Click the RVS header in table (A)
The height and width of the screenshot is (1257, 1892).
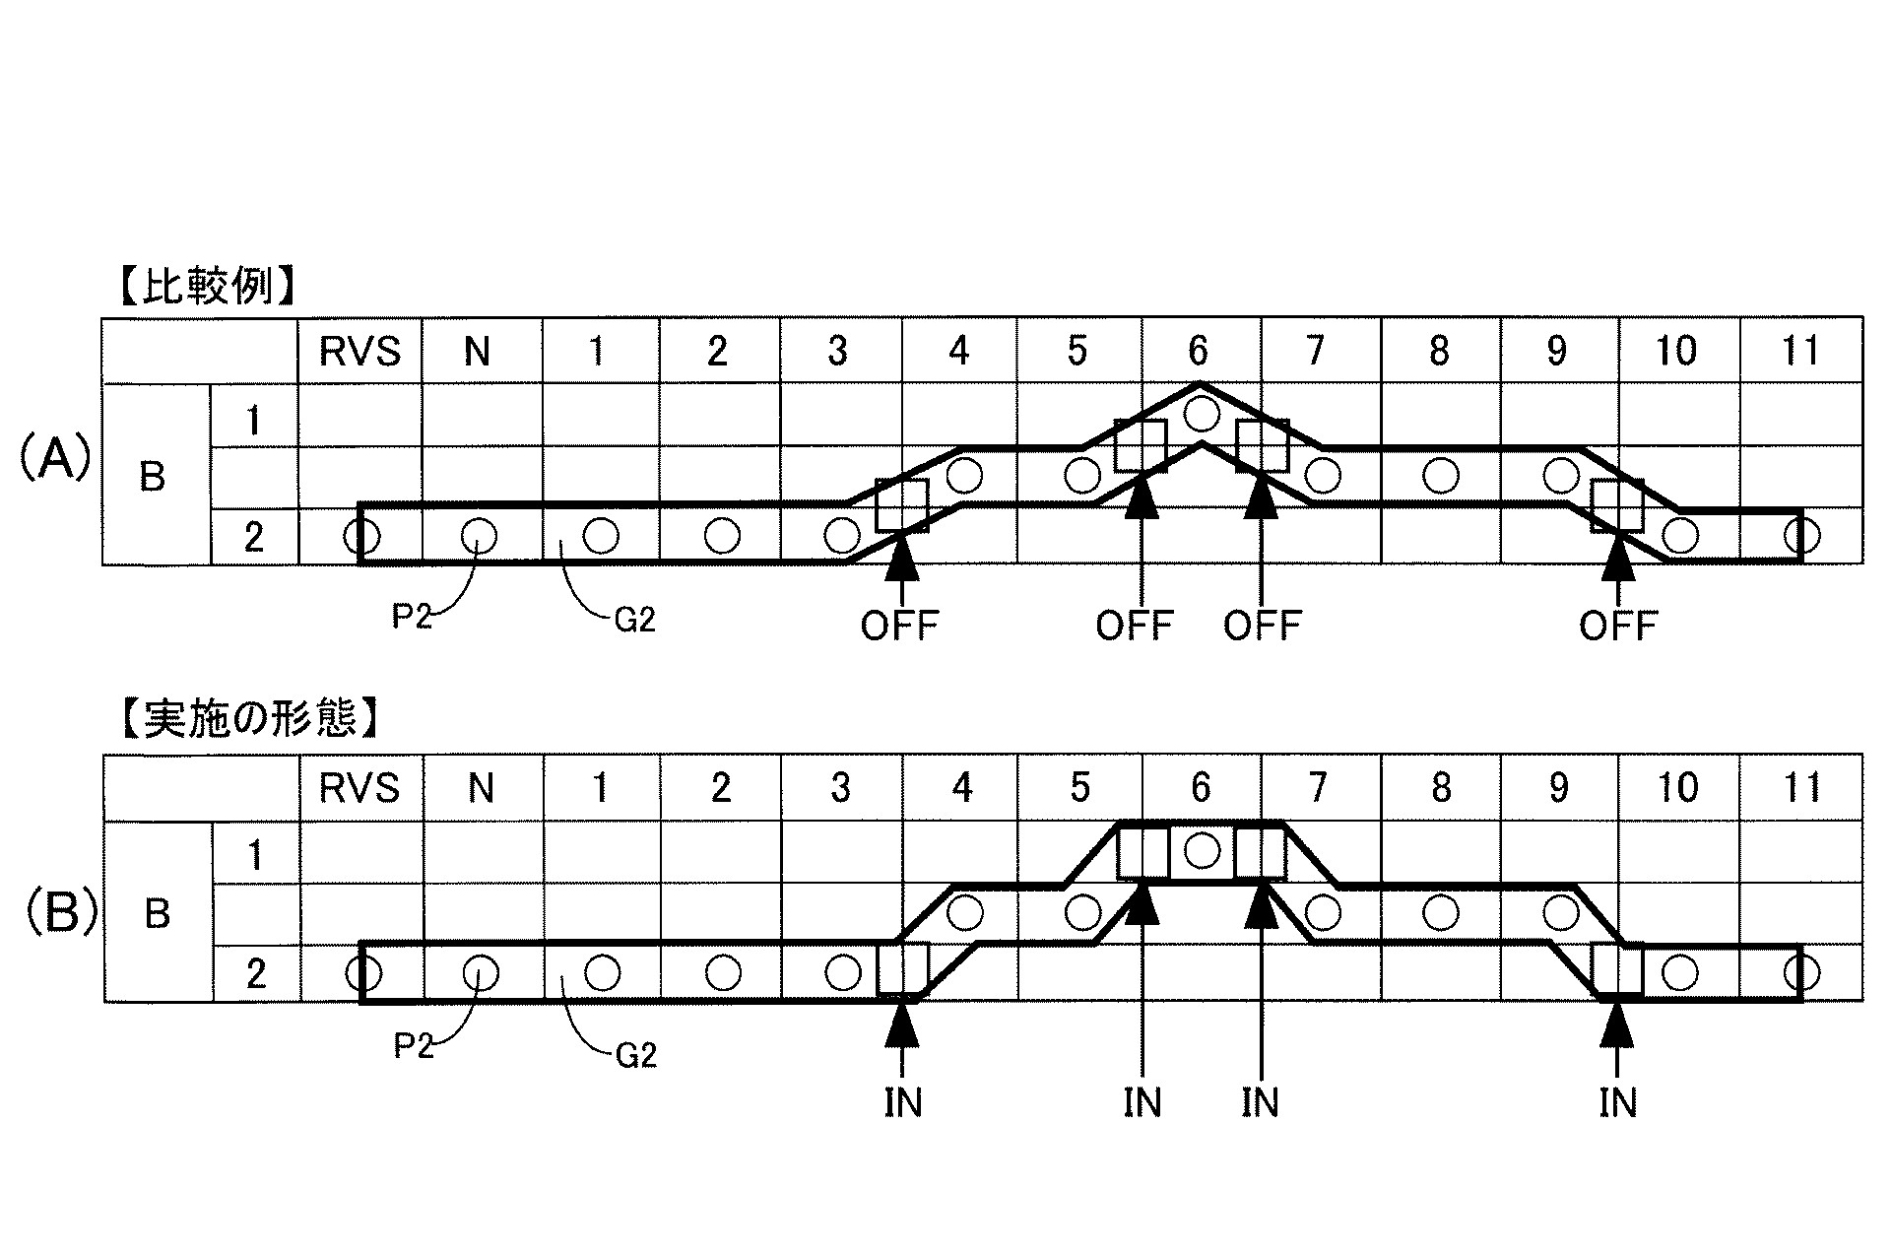click(x=360, y=352)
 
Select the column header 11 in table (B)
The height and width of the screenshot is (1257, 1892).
click(x=1801, y=788)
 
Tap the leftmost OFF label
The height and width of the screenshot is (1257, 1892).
click(x=900, y=625)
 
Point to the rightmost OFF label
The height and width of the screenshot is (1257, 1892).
click(x=1618, y=625)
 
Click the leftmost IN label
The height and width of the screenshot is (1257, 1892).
click(x=902, y=1103)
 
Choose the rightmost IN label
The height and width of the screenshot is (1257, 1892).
click(x=1617, y=1103)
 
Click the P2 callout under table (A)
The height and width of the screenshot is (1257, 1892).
click(x=413, y=621)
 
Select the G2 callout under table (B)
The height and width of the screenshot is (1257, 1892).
click(x=635, y=1056)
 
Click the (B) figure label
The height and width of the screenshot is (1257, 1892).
click(x=60, y=913)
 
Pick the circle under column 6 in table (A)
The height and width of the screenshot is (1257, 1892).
click(x=1200, y=413)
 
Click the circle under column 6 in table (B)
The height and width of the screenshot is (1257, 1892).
click(x=1201, y=850)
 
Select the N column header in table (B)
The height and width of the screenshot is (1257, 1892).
click(x=481, y=788)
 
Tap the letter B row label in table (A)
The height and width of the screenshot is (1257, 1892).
click(x=153, y=477)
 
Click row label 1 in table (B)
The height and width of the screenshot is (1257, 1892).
click(x=255, y=855)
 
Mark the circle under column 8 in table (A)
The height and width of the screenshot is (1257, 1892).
click(x=1441, y=476)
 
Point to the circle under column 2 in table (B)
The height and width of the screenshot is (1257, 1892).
click(x=722, y=973)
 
